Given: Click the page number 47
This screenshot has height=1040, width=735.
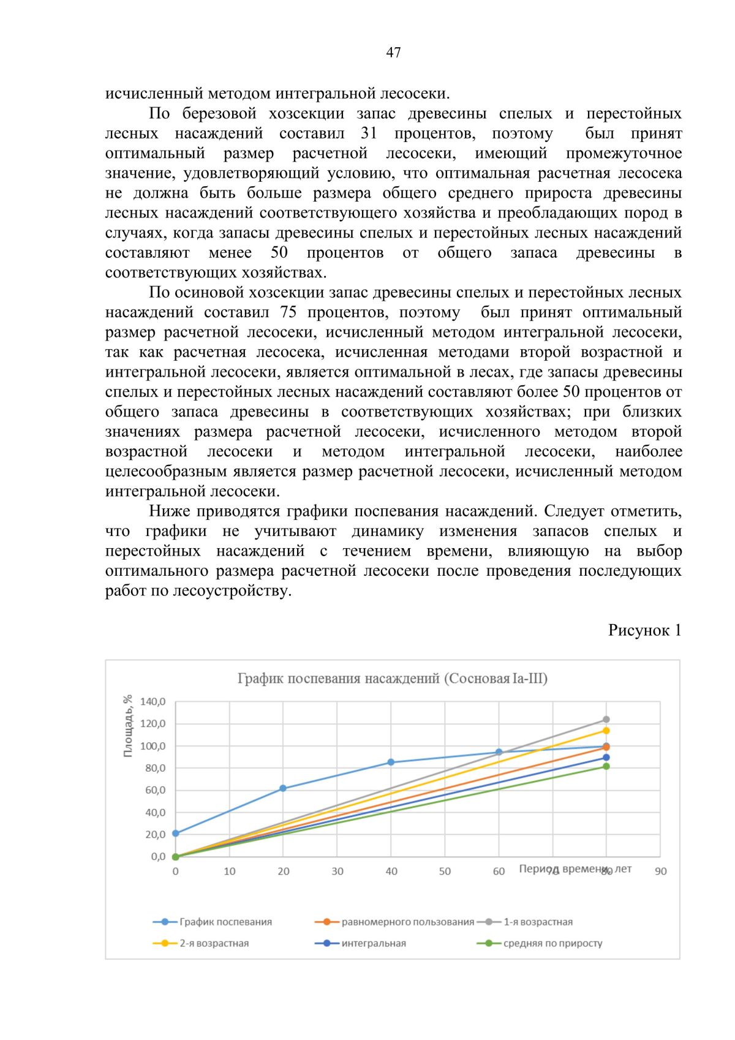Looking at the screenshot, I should (x=393, y=53).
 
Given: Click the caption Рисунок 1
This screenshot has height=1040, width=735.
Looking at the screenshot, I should (x=644, y=630).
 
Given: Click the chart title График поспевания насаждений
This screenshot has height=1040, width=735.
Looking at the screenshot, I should (x=392, y=679).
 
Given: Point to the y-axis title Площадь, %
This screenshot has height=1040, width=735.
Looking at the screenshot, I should (x=128, y=726).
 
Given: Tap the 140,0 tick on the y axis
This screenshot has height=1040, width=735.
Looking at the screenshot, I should (x=153, y=702).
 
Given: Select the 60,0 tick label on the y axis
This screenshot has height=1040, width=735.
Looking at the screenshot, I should (x=155, y=790).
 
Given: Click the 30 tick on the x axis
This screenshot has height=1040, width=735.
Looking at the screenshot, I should (x=337, y=872).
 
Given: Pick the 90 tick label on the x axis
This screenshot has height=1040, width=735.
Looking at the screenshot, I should (x=660, y=872).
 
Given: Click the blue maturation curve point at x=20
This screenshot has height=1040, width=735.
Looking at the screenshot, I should (x=283, y=789).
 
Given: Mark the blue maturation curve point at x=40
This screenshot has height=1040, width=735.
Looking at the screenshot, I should (x=391, y=763).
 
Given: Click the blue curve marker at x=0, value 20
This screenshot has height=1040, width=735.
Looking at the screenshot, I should (x=176, y=834).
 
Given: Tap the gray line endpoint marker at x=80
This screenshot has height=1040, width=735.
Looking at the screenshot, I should (x=606, y=720).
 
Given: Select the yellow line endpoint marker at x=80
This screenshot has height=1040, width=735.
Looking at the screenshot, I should (x=606, y=731).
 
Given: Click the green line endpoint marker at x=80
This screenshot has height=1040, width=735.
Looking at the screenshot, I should (x=606, y=766).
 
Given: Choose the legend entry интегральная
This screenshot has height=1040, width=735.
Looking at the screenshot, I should (x=374, y=943).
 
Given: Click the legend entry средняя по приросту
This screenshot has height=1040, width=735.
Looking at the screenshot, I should (x=552, y=943).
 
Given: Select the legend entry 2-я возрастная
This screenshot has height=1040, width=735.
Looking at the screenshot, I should (x=214, y=943).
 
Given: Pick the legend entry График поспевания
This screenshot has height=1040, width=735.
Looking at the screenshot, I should (x=225, y=922).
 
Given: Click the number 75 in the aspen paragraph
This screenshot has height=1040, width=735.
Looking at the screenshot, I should (x=288, y=312).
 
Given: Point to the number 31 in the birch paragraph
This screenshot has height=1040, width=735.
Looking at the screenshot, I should (x=369, y=134).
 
